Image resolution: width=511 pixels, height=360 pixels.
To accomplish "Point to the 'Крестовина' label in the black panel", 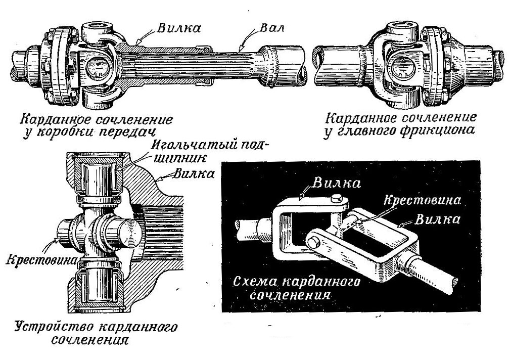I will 423,200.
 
